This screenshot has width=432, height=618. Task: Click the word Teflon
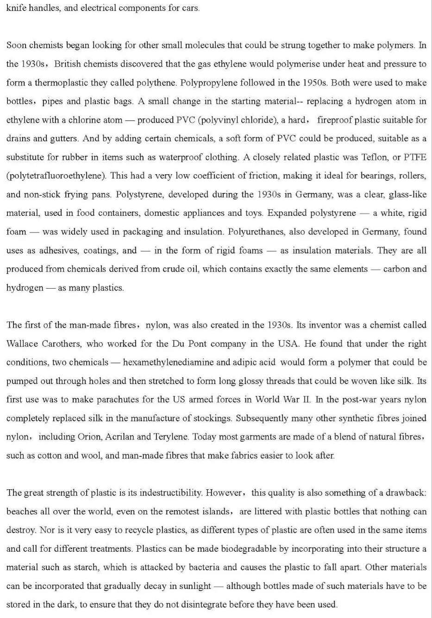pos(374,157)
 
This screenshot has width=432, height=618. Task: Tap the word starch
pos(86,567)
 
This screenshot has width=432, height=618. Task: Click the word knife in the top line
pos(16,8)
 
